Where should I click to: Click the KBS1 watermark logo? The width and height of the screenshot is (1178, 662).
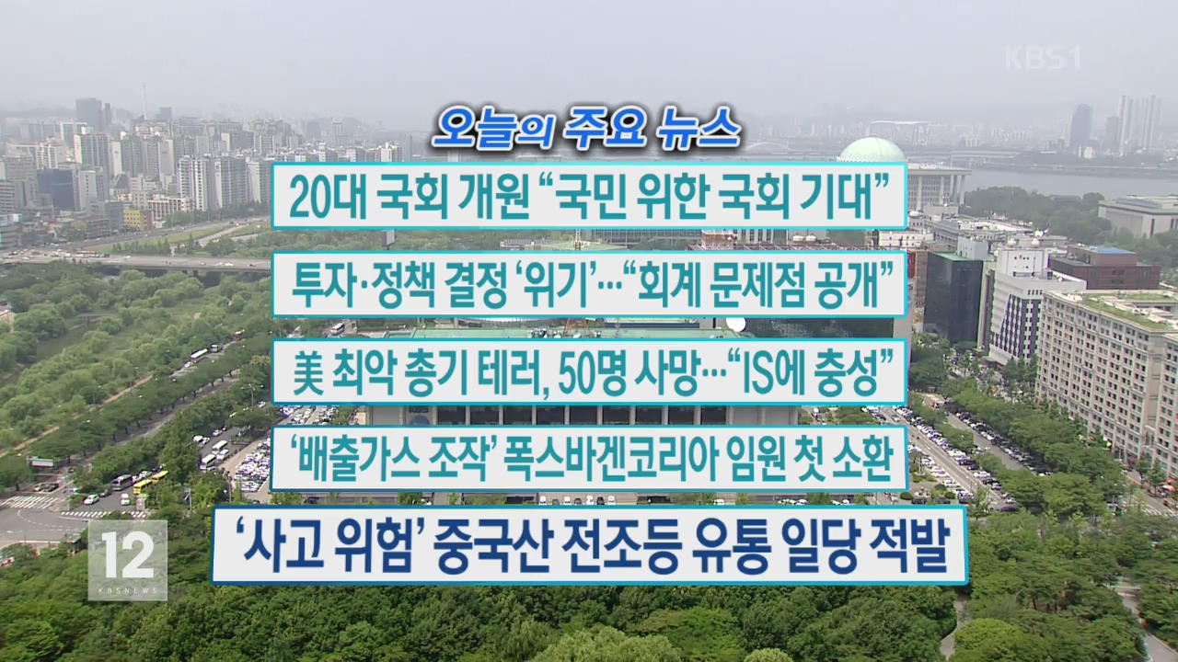(1043, 58)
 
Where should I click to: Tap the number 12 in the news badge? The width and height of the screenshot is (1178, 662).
(128, 554)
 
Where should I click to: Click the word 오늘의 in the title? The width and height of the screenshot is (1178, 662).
(492, 128)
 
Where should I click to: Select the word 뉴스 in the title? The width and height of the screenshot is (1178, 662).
(699, 128)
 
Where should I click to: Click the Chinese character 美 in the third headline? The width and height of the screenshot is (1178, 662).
(308, 373)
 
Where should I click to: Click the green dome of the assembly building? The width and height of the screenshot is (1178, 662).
(872, 151)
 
